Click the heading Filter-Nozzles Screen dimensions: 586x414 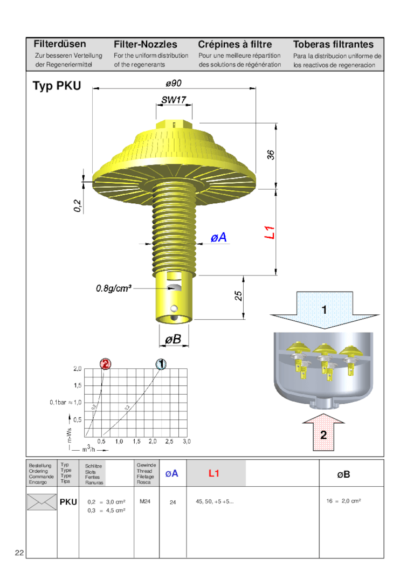(145, 44)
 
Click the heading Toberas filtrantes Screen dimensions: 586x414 (333, 44)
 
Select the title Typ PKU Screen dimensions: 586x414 (57, 86)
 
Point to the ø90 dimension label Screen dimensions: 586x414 (174, 83)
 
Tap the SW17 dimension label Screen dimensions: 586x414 (174, 100)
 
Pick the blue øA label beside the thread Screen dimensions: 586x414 (218, 237)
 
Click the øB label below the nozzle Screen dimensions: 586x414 (173, 340)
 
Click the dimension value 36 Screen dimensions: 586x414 (272, 155)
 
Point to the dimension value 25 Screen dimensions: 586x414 (239, 296)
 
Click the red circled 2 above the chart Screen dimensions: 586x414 (105, 364)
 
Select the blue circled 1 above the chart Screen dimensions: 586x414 (161, 364)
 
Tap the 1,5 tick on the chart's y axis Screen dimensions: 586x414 (78, 385)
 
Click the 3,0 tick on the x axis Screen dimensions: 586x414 (187, 441)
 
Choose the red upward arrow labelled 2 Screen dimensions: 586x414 (323, 433)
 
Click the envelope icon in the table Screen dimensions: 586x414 (42, 502)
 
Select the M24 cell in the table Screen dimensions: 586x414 (144, 501)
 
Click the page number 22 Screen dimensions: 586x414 (19, 553)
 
